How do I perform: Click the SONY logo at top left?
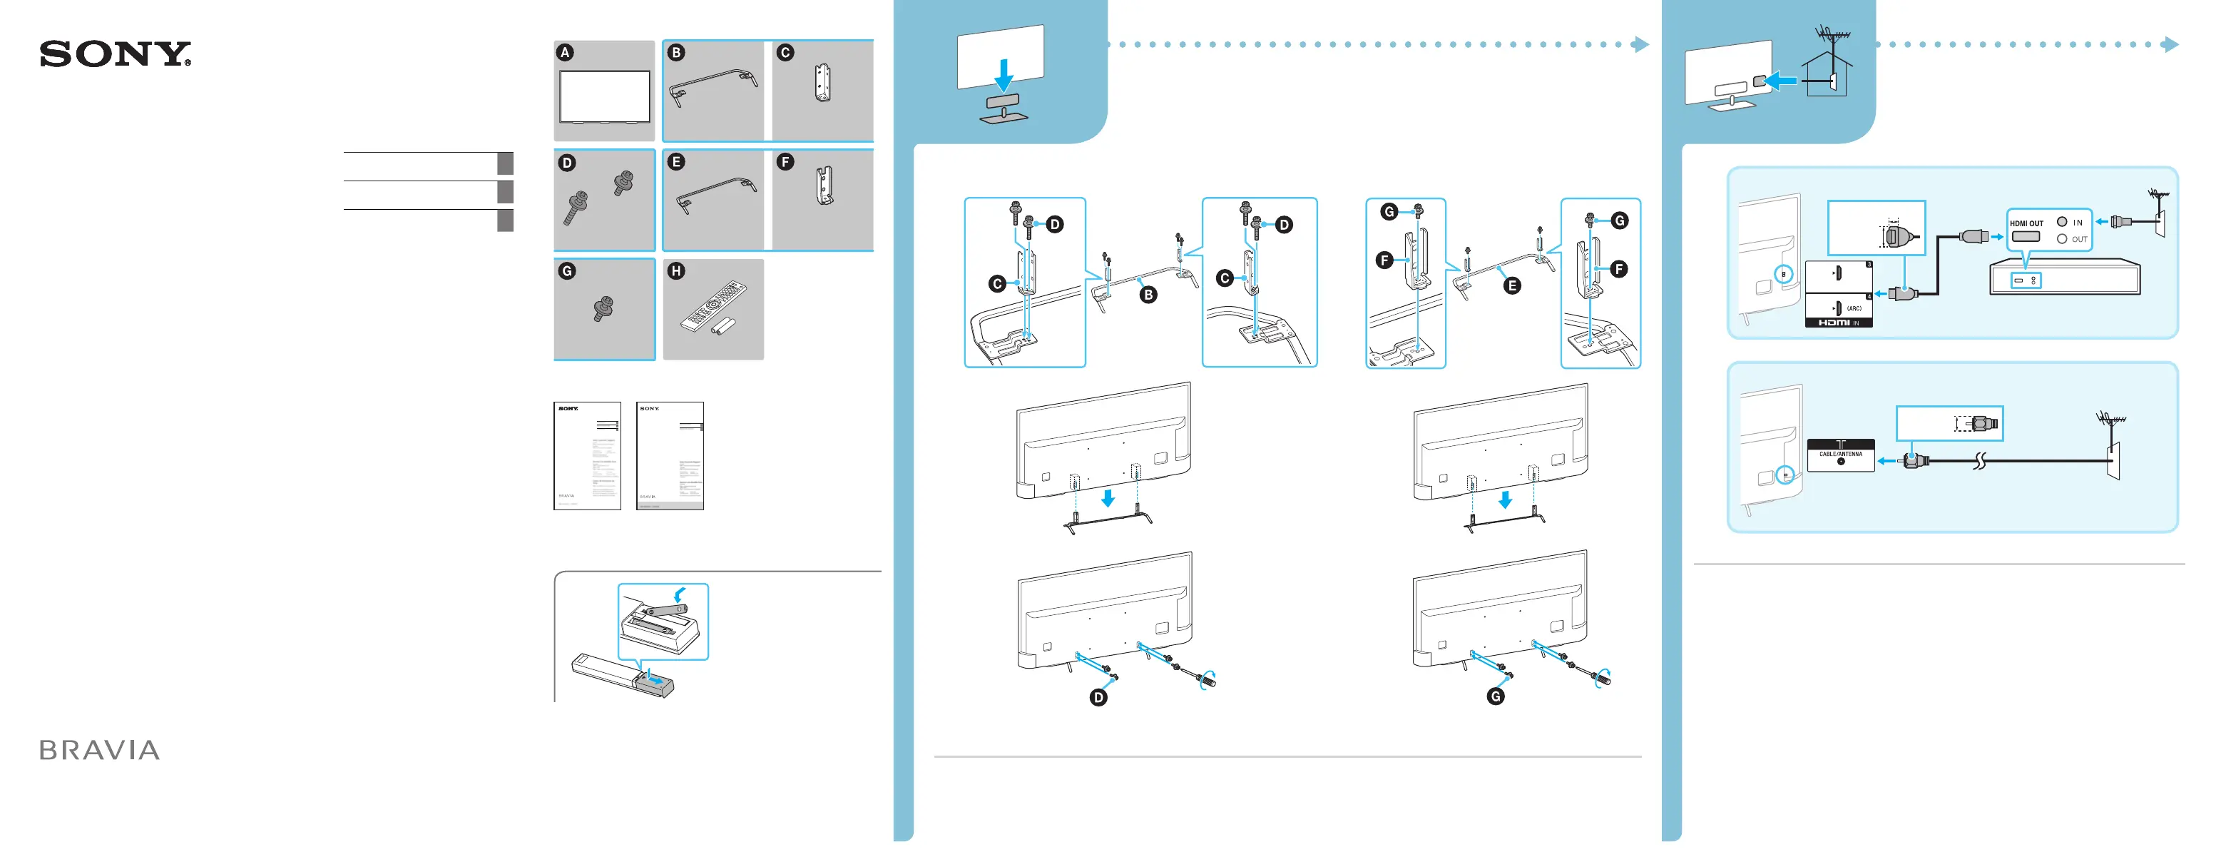tap(116, 54)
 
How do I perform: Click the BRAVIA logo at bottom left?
tap(100, 750)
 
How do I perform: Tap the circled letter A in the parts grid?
tap(565, 53)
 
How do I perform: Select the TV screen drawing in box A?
tap(605, 96)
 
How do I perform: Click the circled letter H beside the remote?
tap(676, 272)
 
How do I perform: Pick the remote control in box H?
tap(713, 305)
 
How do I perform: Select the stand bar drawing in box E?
tap(716, 193)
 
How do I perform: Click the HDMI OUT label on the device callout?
tap(2026, 223)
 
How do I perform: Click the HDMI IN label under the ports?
tap(1839, 323)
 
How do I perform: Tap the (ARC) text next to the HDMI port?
tap(1854, 308)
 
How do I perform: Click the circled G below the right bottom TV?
tap(1496, 696)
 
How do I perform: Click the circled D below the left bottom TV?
tap(1098, 697)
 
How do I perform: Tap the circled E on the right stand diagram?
tap(1511, 286)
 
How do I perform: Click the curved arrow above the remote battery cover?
tap(680, 594)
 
